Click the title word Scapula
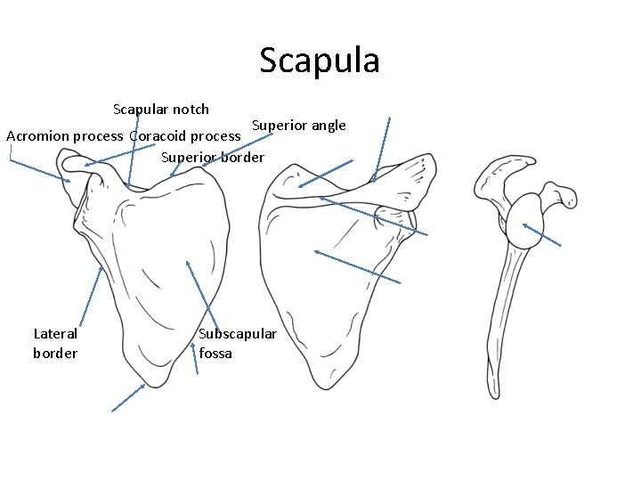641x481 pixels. (x=320, y=61)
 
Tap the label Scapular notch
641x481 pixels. (x=161, y=110)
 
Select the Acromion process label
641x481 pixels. (x=64, y=136)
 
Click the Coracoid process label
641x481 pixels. (x=185, y=136)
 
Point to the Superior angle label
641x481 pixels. (x=298, y=125)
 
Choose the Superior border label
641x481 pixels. (x=213, y=158)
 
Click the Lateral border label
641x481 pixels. (x=55, y=343)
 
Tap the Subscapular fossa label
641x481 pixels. (x=238, y=343)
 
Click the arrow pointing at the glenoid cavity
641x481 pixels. (x=542, y=233)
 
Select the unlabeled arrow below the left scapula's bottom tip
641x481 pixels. (x=128, y=397)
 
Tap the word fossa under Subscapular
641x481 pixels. (x=215, y=353)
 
